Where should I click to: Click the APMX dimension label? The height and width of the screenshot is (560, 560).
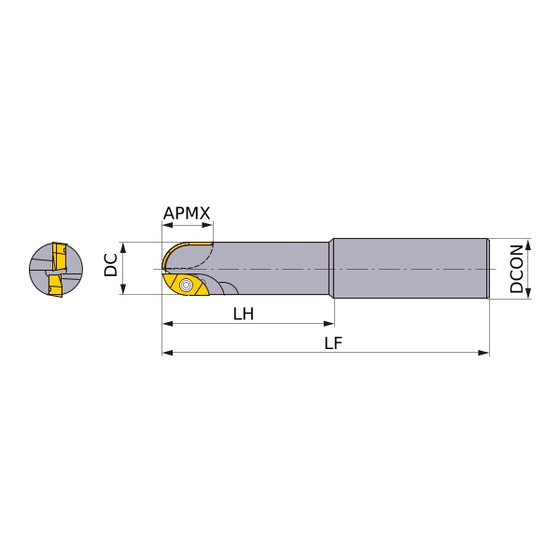pyautogui.click(x=187, y=213)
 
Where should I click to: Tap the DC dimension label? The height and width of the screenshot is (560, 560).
pyautogui.click(x=111, y=265)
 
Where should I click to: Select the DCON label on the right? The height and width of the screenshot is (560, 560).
pyautogui.click(x=516, y=269)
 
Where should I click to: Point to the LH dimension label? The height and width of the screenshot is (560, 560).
pyautogui.click(x=244, y=314)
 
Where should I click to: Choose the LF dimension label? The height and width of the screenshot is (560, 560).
pyautogui.click(x=333, y=343)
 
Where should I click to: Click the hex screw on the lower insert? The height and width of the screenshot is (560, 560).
pyautogui.click(x=186, y=285)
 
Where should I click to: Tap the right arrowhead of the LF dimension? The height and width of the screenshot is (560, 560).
pyautogui.click(x=483, y=353)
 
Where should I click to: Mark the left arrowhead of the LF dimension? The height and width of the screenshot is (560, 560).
pyautogui.click(x=168, y=353)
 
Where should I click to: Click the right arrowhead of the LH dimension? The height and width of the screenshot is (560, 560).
pyautogui.click(x=329, y=324)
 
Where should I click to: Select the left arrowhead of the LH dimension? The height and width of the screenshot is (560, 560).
pyautogui.click(x=168, y=324)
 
